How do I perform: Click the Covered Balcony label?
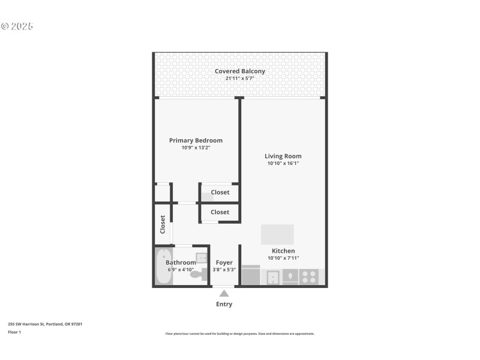[x=240, y=71]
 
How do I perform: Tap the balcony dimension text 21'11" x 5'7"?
[x=240, y=79]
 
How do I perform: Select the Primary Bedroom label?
[x=196, y=140]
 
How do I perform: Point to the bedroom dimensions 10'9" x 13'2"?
[x=196, y=148]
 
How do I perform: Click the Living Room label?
[x=283, y=156]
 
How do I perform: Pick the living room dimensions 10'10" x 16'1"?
[x=283, y=163]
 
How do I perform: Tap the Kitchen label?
[x=283, y=251]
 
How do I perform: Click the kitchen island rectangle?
[x=277, y=234]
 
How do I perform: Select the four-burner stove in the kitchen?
[x=309, y=277]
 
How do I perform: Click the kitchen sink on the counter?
[x=272, y=277]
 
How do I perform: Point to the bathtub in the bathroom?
[x=163, y=268]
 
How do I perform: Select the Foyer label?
[x=224, y=263]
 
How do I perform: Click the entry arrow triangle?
[x=224, y=293]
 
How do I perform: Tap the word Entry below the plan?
[x=224, y=304]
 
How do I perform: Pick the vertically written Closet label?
[x=163, y=224]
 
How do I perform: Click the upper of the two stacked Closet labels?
[x=220, y=193]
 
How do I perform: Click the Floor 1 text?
[x=14, y=332]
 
